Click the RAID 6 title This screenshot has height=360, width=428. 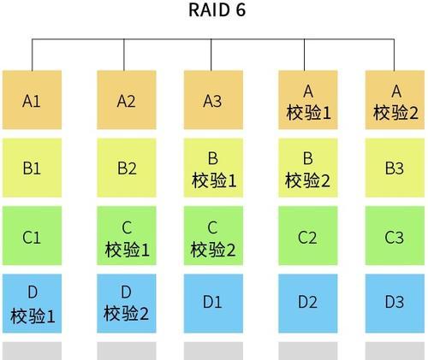coord(217,9)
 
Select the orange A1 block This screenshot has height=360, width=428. coord(32,100)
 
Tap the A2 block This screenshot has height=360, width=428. coord(127,100)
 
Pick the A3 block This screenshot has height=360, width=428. coord(213,100)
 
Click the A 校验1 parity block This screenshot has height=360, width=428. coord(308,100)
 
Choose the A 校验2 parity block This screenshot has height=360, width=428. coord(395,100)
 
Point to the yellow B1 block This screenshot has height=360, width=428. coord(32,168)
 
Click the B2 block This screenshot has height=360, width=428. coord(127,168)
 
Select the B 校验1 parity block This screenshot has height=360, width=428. coord(213,168)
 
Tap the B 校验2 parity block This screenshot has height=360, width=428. coord(308,168)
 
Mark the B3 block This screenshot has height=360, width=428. coord(395,168)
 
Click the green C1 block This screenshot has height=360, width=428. coord(32,235)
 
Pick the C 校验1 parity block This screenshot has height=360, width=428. coord(127,235)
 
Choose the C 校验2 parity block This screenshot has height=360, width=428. coord(213,235)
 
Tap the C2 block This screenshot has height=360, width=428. coord(308,235)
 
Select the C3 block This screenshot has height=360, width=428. coord(395,235)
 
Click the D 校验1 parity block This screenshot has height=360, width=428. coord(32,304)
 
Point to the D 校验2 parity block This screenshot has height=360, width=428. coord(127,304)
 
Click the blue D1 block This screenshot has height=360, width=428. coord(213,304)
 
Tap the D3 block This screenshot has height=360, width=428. coord(395,304)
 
